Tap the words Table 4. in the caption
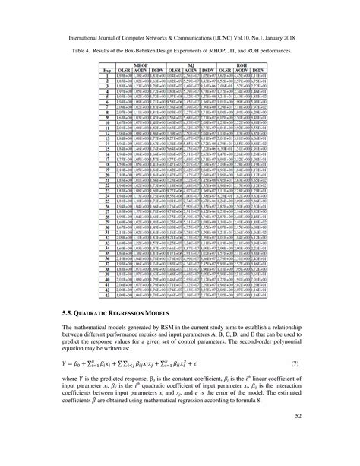click(x=83, y=47)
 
